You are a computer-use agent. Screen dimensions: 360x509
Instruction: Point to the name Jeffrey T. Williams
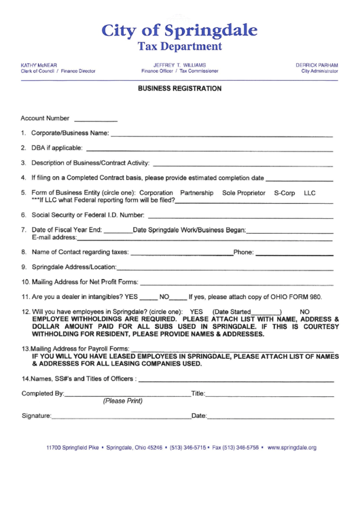point(180,65)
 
